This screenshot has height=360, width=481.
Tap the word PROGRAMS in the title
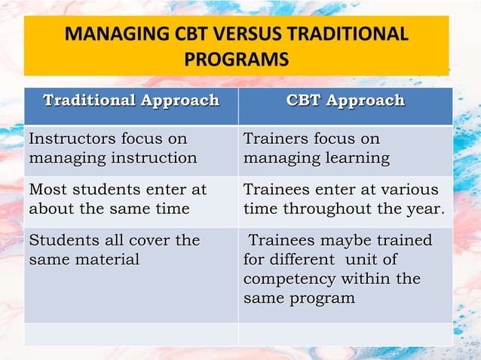tap(237, 59)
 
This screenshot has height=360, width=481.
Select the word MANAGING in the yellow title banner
tap(109, 35)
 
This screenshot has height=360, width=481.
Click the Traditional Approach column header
tap(131, 100)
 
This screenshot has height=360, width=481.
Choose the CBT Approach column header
tap(345, 100)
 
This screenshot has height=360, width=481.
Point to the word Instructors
tap(71, 139)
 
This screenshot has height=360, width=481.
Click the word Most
tap(46, 190)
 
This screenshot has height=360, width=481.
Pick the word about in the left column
tap(51, 209)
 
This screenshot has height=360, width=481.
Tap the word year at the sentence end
tap(425, 209)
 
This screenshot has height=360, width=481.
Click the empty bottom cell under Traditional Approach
tap(131, 334)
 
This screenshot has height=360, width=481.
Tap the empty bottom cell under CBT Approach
tap(345, 334)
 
